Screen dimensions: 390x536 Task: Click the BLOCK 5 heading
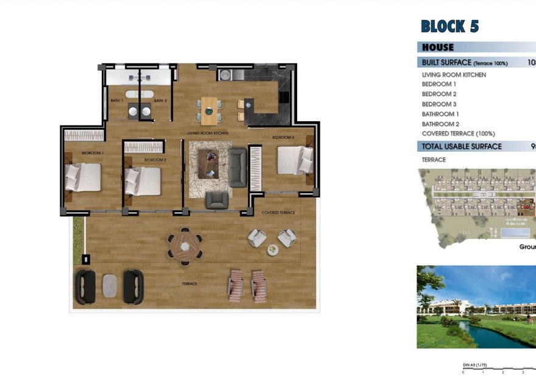click(450, 27)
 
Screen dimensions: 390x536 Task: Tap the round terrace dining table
click(185, 246)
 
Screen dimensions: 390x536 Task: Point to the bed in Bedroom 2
click(143, 181)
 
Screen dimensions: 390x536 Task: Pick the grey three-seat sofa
click(238, 167)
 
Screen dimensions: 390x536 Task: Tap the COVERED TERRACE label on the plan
click(278, 213)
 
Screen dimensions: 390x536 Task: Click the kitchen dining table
click(209, 110)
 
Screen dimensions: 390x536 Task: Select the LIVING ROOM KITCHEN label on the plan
click(207, 132)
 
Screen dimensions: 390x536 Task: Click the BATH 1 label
click(116, 101)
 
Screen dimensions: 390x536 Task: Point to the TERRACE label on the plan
click(188, 284)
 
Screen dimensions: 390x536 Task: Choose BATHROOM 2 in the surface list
click(440, 124)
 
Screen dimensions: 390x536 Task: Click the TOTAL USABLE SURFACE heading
click(462, 146)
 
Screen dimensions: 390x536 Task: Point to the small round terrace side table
click(272, 249)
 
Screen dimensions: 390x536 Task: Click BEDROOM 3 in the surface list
click(439, 104)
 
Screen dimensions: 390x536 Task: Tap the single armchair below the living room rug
click(217, 200)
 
